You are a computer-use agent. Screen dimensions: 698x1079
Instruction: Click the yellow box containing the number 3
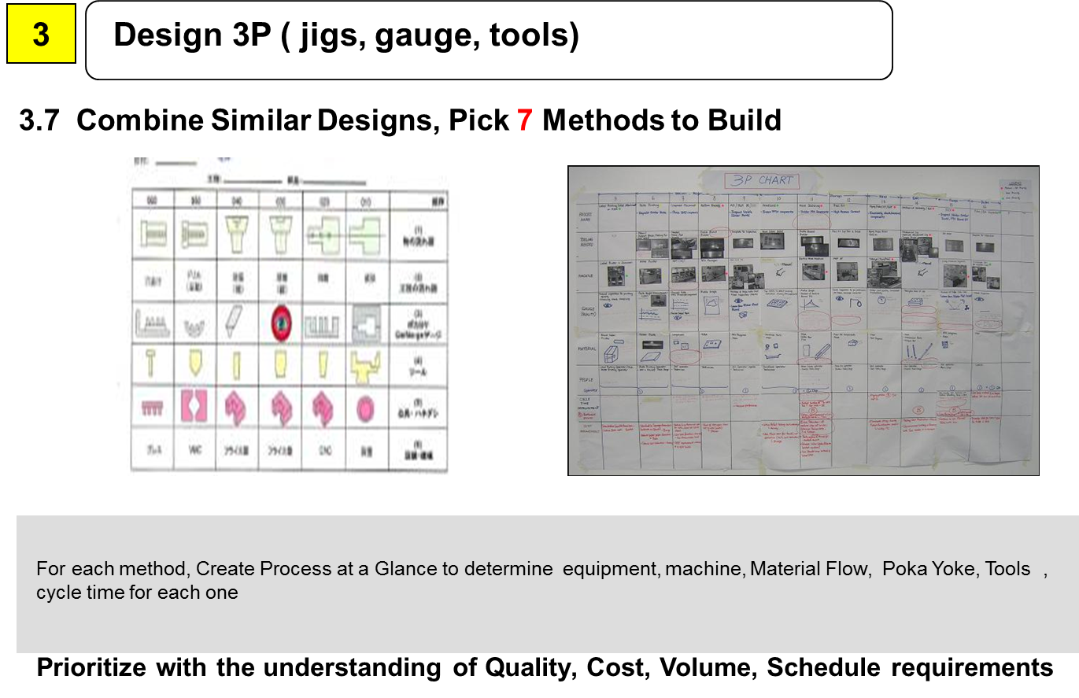[41, 35]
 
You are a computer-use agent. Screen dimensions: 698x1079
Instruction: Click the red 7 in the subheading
[525, 120]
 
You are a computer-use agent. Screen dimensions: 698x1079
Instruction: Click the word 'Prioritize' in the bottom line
[91, 667]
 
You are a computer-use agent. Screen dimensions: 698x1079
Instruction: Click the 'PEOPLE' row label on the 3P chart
[582, 378]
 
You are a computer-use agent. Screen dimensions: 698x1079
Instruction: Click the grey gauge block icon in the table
[366, 322]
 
